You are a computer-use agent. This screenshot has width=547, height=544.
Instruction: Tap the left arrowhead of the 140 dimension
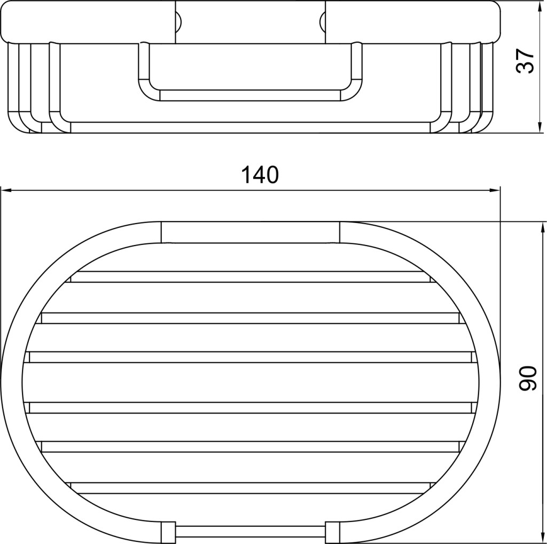point(6,190)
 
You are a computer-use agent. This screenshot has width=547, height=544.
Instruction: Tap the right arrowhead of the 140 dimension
point(495,190)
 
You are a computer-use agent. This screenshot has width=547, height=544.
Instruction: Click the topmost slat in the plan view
point(250,277)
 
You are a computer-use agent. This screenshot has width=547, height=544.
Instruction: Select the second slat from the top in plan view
point(250,318)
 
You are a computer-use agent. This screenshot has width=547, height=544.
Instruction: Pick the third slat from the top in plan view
point(250,357)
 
